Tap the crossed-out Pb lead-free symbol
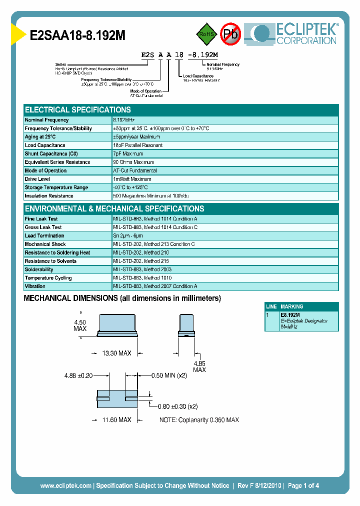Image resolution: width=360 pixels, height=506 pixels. [x=231, y=34]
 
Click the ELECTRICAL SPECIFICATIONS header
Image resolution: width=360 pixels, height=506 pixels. [x=78, y=110]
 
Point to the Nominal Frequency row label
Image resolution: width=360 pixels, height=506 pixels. [x=47, y=120]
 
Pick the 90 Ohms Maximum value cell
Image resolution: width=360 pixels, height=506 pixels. [x=134, y=162]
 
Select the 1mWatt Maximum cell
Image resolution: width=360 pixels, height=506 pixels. [x=132, y=179]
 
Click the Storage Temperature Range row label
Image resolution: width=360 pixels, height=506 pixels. [x=56, y=187]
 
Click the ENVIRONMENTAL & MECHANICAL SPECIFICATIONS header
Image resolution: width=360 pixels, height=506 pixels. [x=114, y=209]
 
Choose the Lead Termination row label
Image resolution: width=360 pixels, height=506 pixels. [x=44, y=235]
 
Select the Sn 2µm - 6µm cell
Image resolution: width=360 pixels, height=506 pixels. [x=128, y=235]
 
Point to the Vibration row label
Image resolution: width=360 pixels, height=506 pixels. [x=35, y=286]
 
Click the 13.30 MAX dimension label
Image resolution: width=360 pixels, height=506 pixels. [x=116, y=353]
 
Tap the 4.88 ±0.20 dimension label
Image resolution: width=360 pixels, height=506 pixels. [x=78, y=375]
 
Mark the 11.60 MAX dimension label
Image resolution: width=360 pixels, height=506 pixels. [x=116, y=419]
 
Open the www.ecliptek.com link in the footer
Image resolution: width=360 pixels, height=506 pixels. [x=65, y=485]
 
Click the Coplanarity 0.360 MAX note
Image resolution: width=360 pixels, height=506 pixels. [x=199, y=419]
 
